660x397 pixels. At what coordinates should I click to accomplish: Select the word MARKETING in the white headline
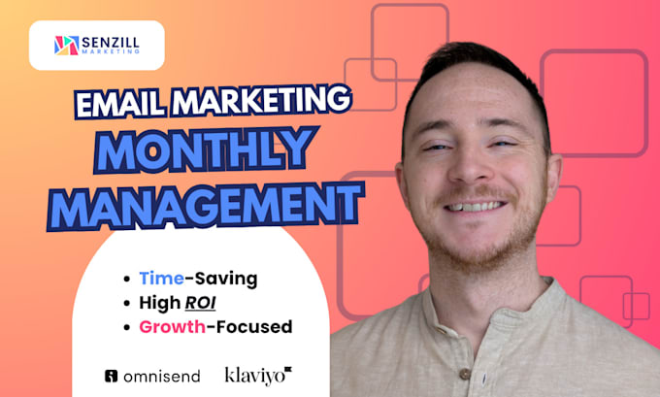pyautogui.click(x=261, y=100)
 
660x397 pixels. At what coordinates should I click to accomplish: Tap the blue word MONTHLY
pyautogui.click(x=206, y=149)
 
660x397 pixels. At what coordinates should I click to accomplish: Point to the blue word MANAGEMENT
pyautogui.click(x=205, y=207)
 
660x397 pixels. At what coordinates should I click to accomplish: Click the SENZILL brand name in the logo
pyautogui.click(x=111, y=42)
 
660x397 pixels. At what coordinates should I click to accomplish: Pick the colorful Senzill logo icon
pyautogui.click(x=67, y=46)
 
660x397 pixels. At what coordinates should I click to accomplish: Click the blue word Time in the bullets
pyautogui.click(x=162, y=279)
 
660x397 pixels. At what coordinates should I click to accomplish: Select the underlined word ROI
pyautogui.click(x=200, y=303)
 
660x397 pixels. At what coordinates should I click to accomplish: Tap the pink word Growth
pyautogui.click(x=172, y=327)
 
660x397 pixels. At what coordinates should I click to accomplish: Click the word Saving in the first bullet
pyautogui.click(x=225, y=280)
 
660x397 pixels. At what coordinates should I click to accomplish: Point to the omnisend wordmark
pyautogui.click(x=162, y=377)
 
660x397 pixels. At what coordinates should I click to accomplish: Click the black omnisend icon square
pyautogui.click(x=111, y=376)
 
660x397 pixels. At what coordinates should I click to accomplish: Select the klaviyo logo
pyautogui.click(x=258, y=376)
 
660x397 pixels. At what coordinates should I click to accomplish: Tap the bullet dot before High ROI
pyautogui.click(x=127, y=303)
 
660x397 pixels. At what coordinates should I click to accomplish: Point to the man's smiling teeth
pyautogui.click(x=476, y=207)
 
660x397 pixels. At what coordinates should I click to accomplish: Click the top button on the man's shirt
pyautogui.click(x=464, y=374)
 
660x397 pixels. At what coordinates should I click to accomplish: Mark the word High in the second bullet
pyautogui.click(x=160, y=303)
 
